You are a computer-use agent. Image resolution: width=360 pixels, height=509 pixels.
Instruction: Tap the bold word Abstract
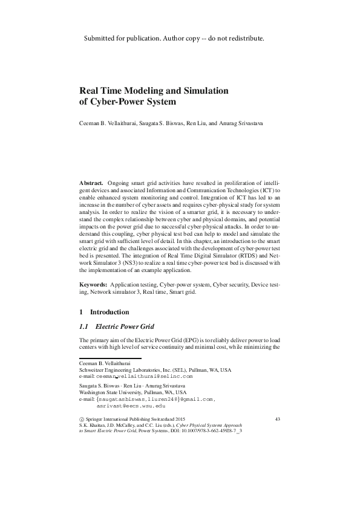(x=91, y=182)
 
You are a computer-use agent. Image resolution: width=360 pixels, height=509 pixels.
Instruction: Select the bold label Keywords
(x=94, y=284)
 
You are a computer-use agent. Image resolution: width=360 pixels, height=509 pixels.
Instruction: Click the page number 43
(x=278, y=418)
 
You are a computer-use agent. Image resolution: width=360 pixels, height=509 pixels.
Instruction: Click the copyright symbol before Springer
(x=82, y=419)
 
